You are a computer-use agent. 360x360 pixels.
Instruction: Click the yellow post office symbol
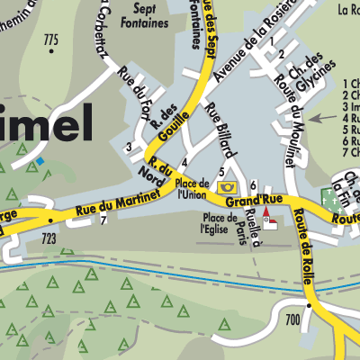224,186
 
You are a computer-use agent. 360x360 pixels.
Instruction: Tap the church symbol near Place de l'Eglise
267,216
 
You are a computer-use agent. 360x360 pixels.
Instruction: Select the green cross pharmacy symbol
326,195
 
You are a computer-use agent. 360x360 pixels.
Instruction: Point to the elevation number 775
49,40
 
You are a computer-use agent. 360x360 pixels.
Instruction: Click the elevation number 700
292,319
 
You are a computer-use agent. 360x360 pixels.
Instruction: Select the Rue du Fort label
135,87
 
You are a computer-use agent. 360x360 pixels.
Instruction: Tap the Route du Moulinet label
290,99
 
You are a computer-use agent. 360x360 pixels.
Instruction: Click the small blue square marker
40,160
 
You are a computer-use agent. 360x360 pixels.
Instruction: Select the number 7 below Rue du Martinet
103,221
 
